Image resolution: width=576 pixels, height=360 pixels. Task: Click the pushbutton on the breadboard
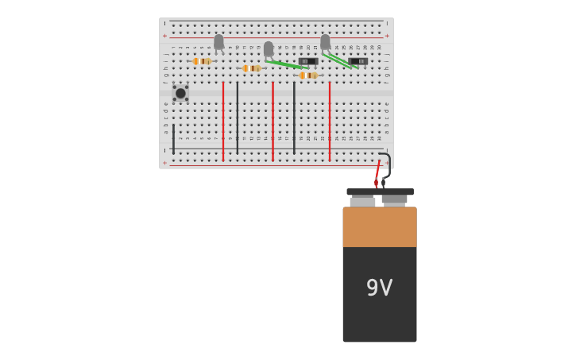pos(180,93)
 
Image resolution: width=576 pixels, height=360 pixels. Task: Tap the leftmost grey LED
pos(218,42)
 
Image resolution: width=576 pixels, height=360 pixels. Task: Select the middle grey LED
pos(269,48)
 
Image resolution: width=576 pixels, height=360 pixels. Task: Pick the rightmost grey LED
pos(325,41)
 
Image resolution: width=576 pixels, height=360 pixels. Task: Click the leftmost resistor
pos(202,61)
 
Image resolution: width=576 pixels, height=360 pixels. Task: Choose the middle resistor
pos(252,68)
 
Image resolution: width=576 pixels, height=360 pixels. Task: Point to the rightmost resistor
pos(308,75)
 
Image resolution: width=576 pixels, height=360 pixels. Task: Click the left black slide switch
pos(308,61)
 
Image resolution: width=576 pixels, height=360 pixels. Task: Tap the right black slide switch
pos(358,61)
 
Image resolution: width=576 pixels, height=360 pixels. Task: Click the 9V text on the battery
pos(379,288)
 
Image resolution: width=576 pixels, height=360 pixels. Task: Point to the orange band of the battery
pos(379,227)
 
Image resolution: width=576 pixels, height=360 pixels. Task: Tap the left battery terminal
pos(362,202)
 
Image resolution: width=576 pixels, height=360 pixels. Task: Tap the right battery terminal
pos(394,199)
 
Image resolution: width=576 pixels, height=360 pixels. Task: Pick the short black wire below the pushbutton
pos(173,138)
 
